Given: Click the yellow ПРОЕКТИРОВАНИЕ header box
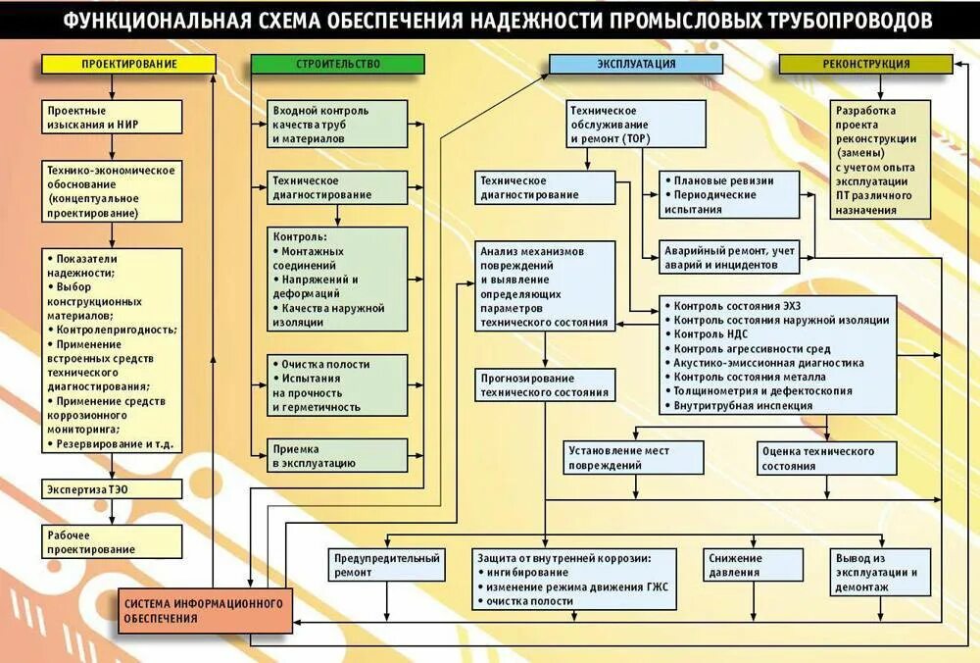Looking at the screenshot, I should coord(128,64).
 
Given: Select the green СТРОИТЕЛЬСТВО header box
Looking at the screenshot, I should coord(338,64).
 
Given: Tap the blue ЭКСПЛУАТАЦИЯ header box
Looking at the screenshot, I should coord(636,64).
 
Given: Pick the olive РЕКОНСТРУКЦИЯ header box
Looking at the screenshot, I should coord(865,64).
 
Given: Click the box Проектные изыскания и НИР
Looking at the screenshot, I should coord(112,118).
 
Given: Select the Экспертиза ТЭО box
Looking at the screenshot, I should coord(112,488).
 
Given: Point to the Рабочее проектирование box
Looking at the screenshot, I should coord(112,541).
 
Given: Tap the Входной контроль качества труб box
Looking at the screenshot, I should coord(338,125).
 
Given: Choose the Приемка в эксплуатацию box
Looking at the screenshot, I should coord(338,455).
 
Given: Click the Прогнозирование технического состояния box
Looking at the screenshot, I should coord(546,385).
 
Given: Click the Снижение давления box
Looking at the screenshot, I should coord(735,565).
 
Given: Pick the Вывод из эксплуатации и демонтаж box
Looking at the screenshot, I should coord(875,572).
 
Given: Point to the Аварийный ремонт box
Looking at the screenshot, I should coord(730,257).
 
